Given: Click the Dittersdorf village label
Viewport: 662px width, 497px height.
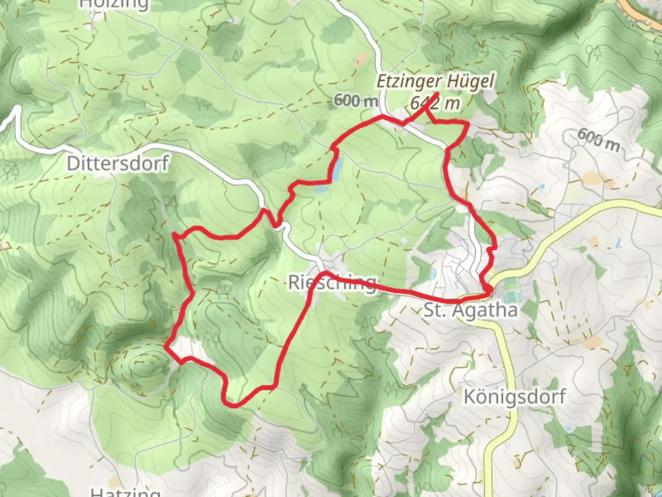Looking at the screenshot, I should pos(118,163).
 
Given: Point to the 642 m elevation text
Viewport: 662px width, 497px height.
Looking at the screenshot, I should pos(435,103).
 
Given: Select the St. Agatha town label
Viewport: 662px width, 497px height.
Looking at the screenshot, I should pos(470,310).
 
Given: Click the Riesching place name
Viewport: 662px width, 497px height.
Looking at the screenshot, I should pos(332,282).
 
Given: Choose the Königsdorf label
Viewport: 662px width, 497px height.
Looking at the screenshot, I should pos(514,396).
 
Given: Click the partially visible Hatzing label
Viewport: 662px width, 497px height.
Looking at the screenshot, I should pos(126,491).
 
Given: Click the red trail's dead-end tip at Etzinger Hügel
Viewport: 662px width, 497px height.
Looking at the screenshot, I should pos(436,95).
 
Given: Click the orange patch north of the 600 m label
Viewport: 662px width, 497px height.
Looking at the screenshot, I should pos(362,60).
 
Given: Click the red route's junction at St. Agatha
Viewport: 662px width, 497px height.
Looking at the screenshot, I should pos(488,289).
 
